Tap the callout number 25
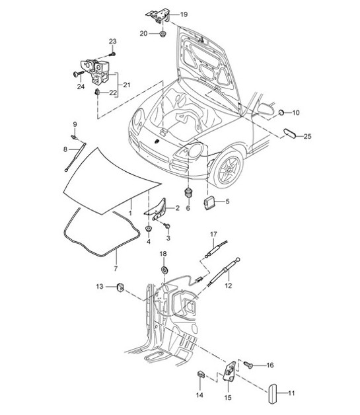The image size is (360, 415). pyautogui.click(x=306, y=137)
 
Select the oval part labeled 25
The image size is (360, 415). pyautogui.click(x=289, y=133)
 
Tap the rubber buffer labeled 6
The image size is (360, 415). pyautogui.click(x=188, y=192)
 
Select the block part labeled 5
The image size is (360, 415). pyautogui.click(x=210, y=202)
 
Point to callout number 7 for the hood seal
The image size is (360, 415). pyautogui.click(x=116, y=269)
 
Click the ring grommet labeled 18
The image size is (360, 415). pyautogui.click(x=164, y=270)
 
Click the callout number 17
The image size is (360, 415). pyautogui.click(x=213, y=235)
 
